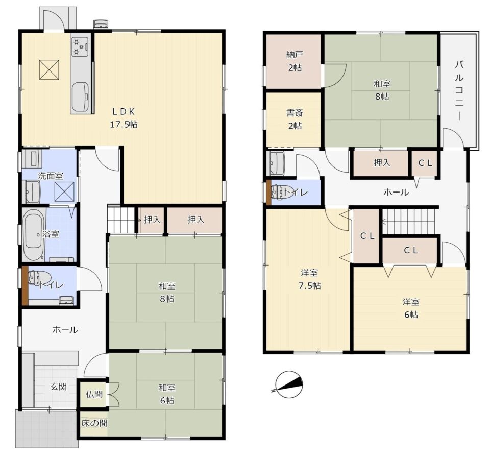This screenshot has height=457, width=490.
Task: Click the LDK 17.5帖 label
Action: [x=125, y=117]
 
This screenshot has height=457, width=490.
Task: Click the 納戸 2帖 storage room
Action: [x=293, y=61]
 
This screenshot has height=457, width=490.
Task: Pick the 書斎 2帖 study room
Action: [x=293, y=120]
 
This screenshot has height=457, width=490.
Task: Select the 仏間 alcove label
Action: [x=93, y=394]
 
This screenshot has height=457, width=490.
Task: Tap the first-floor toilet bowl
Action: [x=35, y=278]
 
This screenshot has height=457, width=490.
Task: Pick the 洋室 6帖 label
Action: [x=411, y=308]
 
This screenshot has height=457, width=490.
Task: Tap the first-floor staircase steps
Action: [x=119, y=220]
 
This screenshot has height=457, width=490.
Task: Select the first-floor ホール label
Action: [x=65, y=330]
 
